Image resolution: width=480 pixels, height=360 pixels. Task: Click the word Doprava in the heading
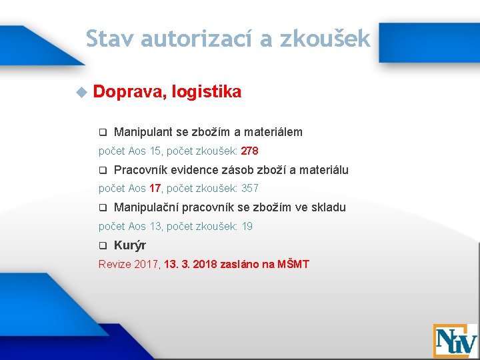[128, 92]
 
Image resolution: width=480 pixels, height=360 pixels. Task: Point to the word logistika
[206, 92]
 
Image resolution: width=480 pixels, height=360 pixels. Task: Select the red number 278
[249, 151]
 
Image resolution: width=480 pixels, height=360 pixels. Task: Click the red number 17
[155, 189]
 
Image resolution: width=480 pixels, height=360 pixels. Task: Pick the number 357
[249, 189]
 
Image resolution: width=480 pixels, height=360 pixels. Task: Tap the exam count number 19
[247, 227]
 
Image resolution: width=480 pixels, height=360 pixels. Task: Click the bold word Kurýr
[130, 245]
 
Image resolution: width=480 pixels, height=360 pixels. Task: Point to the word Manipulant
[143, 132]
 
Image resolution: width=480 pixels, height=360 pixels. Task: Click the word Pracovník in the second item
[141, 170]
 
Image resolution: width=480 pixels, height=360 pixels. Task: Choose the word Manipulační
[147, 207]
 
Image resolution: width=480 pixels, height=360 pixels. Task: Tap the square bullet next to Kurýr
[103, 245]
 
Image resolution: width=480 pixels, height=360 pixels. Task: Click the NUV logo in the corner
[455, 340]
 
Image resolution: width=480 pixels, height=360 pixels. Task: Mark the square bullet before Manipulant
[103, 132]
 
